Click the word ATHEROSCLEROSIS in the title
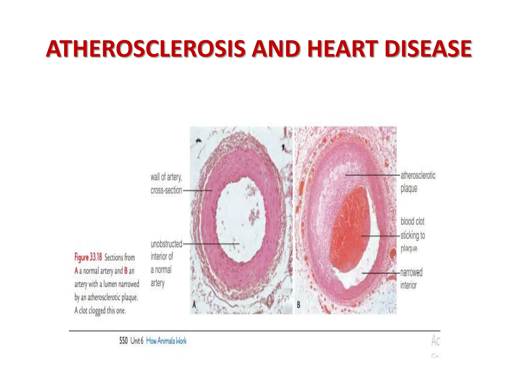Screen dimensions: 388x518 [x=146, y=49]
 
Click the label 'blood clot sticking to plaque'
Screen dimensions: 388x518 [x=413, y=235]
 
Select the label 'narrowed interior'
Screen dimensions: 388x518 [x=411, y=279]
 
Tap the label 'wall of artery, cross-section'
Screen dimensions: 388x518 [x=166, y=184]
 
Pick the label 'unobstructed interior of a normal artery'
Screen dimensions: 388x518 [x=166, y=263]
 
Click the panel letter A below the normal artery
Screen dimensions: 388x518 [x=194, y=305]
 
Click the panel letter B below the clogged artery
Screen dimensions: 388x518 [x=298, y=305]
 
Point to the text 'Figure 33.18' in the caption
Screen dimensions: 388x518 [x=88, y=257]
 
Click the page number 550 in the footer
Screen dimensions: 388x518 [x=123, y=341]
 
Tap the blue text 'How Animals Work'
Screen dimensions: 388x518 [x=166, y=341]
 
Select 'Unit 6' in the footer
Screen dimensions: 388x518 [x=137, y=341]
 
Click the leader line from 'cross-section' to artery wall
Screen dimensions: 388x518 [x=197, y=191]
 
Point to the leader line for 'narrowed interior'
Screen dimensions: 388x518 [x=381, y=273]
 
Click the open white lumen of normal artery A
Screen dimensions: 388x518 [x=240, y=220]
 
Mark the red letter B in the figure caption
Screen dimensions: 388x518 [x=126, y=271]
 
